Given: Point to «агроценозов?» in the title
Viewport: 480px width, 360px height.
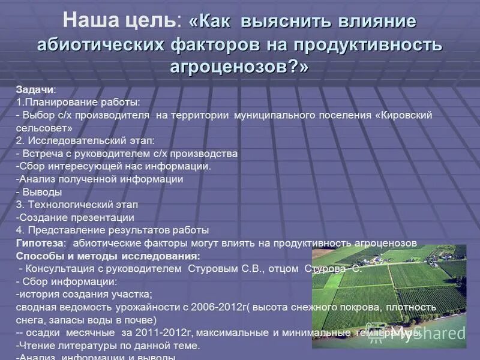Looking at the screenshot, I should [x=239, y=67].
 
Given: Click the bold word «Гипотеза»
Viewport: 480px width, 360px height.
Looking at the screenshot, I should [x=39, y=243].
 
